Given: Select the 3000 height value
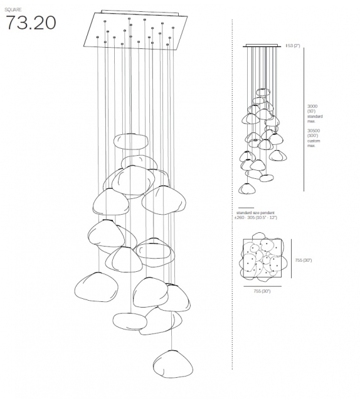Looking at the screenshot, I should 312,106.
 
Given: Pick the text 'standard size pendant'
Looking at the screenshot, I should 254,213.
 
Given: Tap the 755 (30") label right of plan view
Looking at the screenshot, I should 304,259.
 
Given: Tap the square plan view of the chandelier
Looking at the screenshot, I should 262,258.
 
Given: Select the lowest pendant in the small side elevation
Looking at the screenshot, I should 247,188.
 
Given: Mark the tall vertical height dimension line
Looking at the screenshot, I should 304,119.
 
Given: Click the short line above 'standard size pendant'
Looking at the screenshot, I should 246,208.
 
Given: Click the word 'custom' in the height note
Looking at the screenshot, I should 313,141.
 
